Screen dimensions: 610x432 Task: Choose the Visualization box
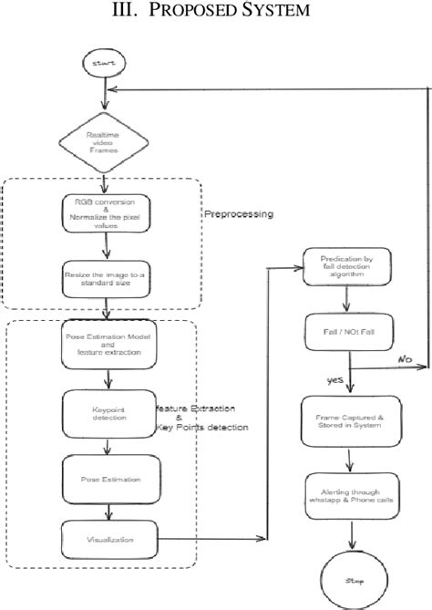pos(108,539)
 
